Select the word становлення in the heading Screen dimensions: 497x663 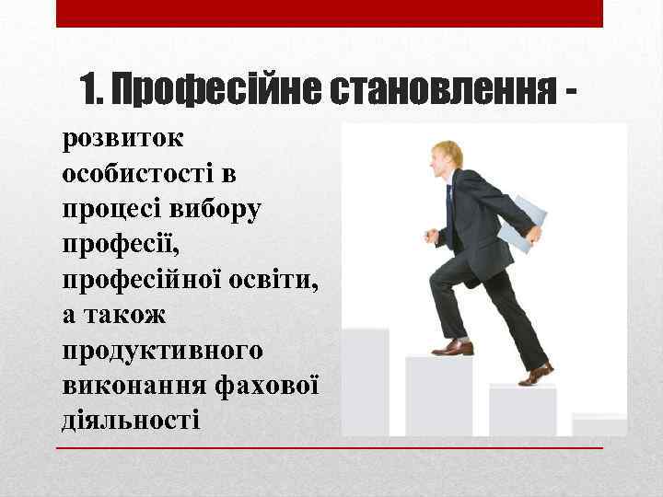(x=438, y=89)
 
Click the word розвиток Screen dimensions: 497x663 (x=122, y=139)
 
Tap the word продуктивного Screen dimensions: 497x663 (x=162, y=350)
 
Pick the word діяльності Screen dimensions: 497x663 (x=130, y=421)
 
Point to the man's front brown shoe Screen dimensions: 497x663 (x=453, y=348)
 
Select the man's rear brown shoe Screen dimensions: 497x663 (x=536, y=374)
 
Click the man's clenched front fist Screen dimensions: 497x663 (x=430, y=236)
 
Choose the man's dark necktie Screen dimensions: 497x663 (x=450, y=208)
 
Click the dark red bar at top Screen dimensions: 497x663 (x=330, y=13)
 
